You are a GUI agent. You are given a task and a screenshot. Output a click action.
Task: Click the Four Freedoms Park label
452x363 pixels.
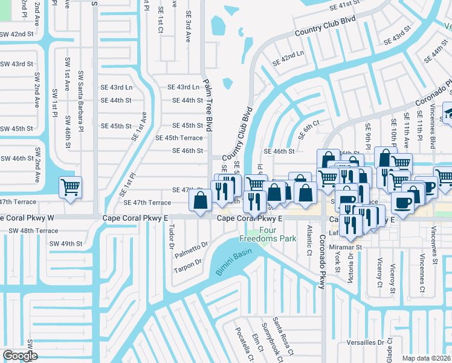point(278,234)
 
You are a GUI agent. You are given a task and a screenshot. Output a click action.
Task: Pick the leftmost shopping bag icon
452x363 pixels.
point(201,199)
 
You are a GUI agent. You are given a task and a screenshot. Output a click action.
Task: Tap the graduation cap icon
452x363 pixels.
point(448,112)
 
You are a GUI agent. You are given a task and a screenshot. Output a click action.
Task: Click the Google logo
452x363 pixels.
point(20,356)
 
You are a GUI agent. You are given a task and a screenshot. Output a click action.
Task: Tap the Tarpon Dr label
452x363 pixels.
point(190,265)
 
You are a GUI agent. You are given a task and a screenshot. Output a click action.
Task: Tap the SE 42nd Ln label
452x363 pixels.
point(287,59)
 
